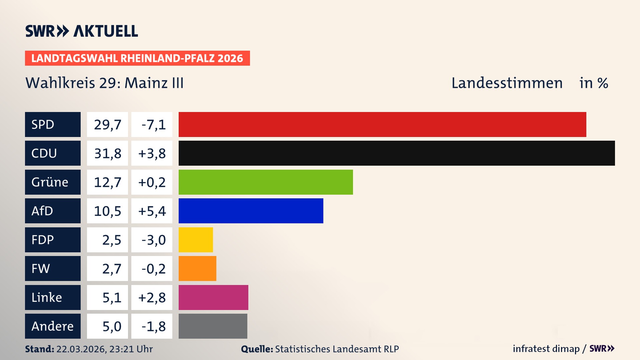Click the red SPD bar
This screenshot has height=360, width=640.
(382, 124)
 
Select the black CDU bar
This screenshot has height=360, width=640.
(397, 153)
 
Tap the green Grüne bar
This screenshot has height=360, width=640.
(266, 182)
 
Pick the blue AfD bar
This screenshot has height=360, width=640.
(251, 211)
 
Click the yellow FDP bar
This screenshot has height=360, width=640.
(196, 240)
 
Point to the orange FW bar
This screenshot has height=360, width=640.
(197, 268)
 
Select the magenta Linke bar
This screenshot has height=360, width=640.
(213, 297)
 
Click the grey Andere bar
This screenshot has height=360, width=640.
(213, 326)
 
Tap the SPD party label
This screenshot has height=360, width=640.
(53, 124)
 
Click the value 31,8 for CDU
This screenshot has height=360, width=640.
(107, 153)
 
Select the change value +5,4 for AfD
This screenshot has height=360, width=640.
(152, 211)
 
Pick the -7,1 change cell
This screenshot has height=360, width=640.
(152, 125)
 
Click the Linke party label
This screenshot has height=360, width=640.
(53, 297)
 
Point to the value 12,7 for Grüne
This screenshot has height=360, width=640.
(107, 182)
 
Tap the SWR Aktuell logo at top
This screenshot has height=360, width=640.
(82, 31)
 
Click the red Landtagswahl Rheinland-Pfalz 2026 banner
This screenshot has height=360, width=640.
(137, 58)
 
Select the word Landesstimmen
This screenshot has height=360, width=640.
(507, 83)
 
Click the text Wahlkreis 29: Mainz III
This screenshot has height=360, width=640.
(104, 83)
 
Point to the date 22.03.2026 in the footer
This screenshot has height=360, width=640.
(81, 349)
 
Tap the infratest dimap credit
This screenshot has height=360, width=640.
(546, 349)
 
